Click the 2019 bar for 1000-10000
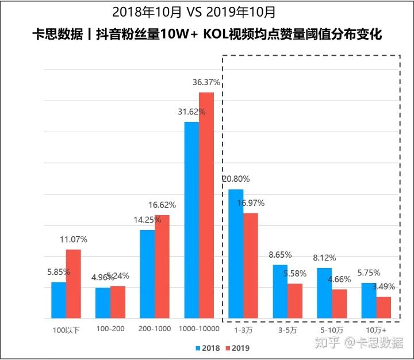click(206, 205)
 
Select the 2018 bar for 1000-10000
click(191, 220)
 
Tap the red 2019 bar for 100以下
click(74, 284)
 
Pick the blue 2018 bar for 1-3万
click(236, 254)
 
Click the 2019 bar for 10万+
click(384, 307)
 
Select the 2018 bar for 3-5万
click(280, 291)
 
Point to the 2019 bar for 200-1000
click(162, 266)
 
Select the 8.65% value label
click(280, 254)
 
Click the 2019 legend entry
click(237, 348)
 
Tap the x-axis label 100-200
click(110, 328)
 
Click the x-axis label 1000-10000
click(199, 328)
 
